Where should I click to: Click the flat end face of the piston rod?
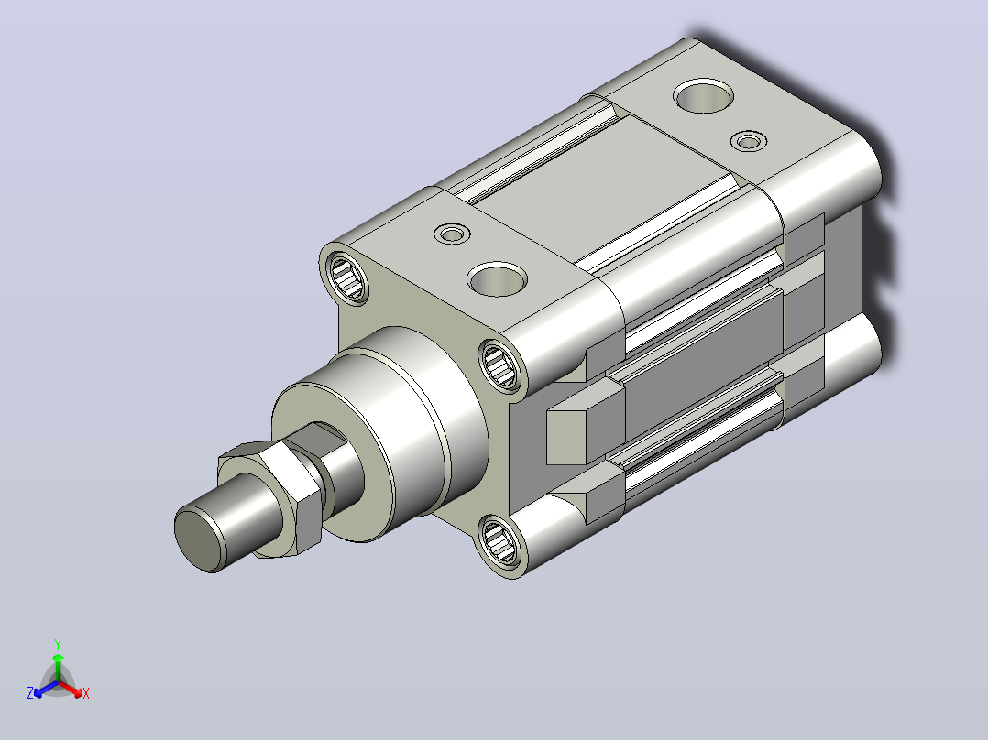click(x=199, y=539)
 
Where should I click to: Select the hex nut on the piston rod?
click(x=272, y=497)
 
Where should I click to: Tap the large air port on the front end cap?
click(x=497, y=279)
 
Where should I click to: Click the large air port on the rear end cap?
click(x=703, y=96)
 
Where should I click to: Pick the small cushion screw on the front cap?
click(x=453, y=234)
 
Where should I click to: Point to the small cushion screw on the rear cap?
click(x=749, y=141)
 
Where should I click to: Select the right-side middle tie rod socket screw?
click(x=501, y=365)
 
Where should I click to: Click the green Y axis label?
click(x=58, y=644)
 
